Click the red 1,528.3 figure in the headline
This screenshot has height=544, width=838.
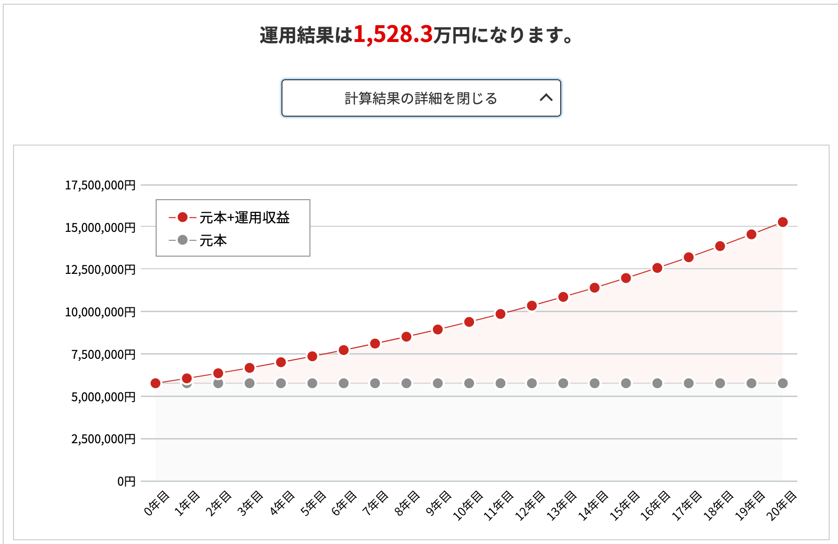(x=393, y=35)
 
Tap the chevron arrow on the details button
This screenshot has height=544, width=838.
(x=546, y=98)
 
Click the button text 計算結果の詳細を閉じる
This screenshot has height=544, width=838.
(x=421, y=98)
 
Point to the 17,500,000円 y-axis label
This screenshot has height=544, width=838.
(x=100, y=185)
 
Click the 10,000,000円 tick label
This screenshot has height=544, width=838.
(x=100, y=312)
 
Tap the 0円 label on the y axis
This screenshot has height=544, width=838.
(x=126, y=481)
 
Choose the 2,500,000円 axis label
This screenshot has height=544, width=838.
(x=103, y=439)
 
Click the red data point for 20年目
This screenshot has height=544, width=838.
(x=783, y=222)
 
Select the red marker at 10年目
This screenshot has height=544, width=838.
(x=469, y=322)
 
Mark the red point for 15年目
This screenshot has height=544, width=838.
(x=626, y=278)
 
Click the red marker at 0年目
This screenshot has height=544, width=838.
(x=156, y=383)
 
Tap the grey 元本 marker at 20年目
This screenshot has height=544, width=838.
(x=783, y=383)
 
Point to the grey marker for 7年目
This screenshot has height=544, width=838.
(x=375, y=383)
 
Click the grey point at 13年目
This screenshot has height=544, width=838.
(x=563, y=383)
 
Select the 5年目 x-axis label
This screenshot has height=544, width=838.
(x=313, y=503)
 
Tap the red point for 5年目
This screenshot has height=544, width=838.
(x=312, y=356)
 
